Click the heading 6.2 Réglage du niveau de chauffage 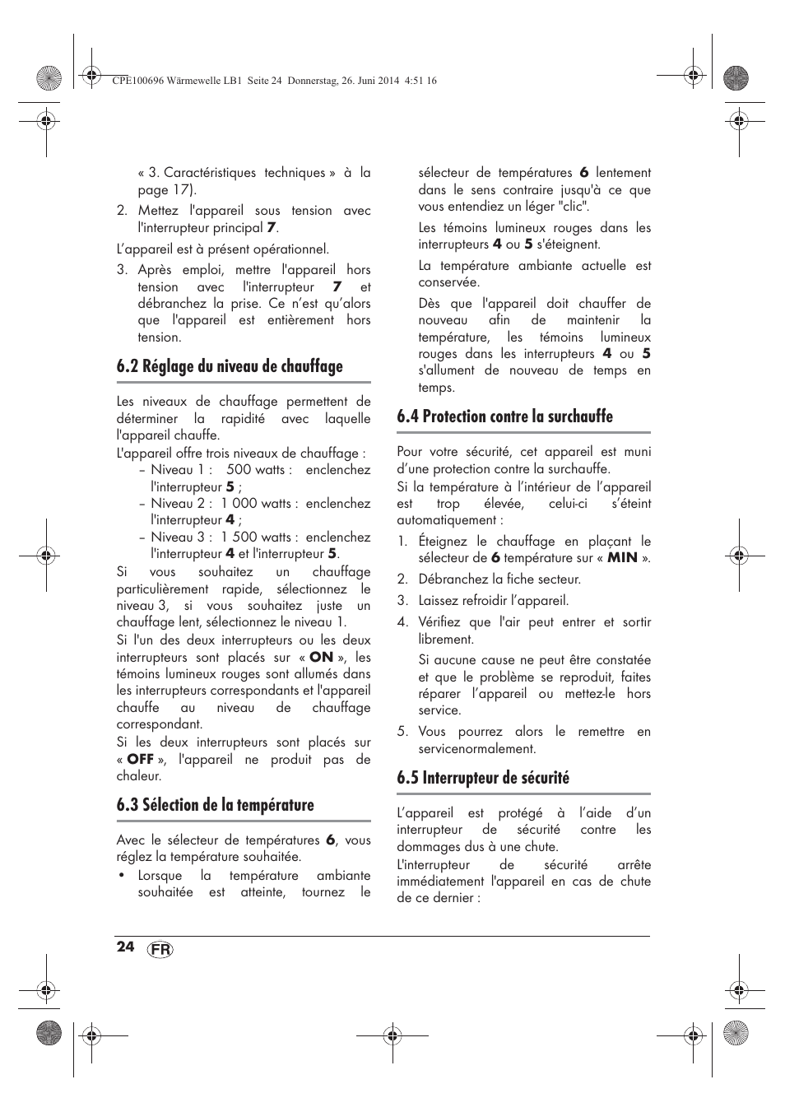(230, 367)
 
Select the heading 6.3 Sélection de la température (215, 806)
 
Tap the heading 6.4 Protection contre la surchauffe (504, 417)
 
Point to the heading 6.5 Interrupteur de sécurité (482, 779)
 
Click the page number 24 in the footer (125, 947)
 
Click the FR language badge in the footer (161, 950)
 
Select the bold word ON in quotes (321, 658)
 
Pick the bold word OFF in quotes (140, 760)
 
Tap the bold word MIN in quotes (622, 558)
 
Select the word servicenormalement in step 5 (477, 749)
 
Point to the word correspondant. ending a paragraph (159, 725)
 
